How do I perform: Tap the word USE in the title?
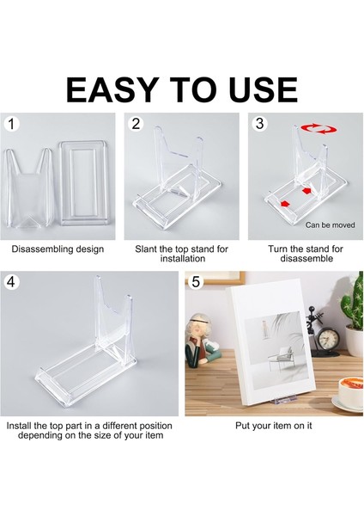[257, 89]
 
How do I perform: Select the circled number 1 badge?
[11, 124]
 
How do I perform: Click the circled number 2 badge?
[136, 124]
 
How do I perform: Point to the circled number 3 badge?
[260, 124]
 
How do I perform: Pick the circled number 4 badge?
[11, 281]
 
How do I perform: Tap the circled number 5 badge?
[197, 281]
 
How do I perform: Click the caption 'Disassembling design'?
[58, 249]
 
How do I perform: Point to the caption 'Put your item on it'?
[273, 425]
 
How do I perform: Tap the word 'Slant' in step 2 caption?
[147, 249]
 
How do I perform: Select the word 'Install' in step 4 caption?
[23, 425]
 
